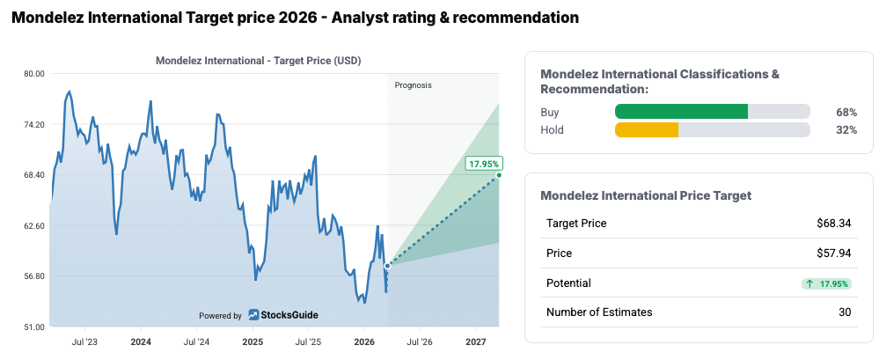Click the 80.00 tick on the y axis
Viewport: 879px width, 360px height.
pos(33,74)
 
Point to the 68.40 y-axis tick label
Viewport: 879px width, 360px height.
pos(33,175)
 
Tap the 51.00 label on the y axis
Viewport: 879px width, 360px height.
pos(33,327)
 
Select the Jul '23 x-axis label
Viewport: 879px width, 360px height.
pos(84,341)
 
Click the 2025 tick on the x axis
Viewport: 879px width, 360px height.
pos(253,341)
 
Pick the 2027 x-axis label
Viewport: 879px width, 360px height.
pos(475,341)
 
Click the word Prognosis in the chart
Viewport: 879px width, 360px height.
pos(413,85)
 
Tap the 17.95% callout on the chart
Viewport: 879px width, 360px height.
pos(484,164)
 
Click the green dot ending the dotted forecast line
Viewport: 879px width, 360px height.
pos(499,175)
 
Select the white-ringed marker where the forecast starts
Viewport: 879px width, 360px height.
pos(387,265)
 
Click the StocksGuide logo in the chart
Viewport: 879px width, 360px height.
pos(282,315)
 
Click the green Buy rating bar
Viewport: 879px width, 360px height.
pos(681,112)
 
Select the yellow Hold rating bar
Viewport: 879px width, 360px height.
pos(647,130)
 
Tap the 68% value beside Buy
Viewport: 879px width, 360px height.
pos(846,112)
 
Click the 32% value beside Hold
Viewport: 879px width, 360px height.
pos(846,130)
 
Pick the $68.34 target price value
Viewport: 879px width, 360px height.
pos(833,223)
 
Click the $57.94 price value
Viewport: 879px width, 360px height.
pos(833,253)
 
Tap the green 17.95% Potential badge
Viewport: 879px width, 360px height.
pos(826,283)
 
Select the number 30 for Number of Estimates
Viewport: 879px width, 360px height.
pos(845,312)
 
